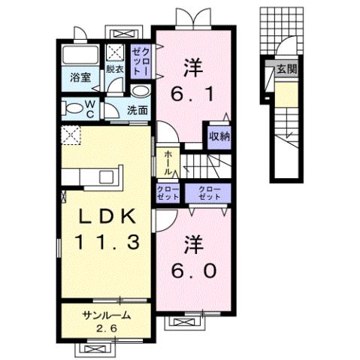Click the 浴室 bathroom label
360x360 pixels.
click(x=80, y=77)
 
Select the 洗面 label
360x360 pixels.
click(x=137, y=110)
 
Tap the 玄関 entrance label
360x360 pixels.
click(x=286, y=69)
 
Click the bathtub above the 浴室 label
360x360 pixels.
click(x=79, y=56)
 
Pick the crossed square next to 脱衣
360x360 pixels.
click(x=116, y=53)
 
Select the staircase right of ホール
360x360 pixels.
click(x=207, y=163)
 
